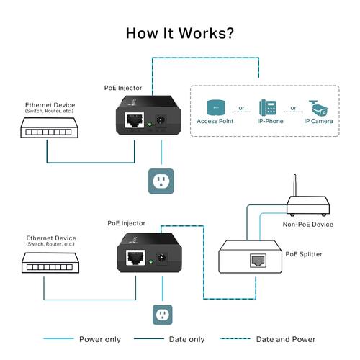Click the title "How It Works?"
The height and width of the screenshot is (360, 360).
pyautogui.click(x=179, y=33)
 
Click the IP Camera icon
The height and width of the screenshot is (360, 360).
pyautogui.click(x=318, y=107)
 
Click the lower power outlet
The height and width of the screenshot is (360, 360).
pyautogui.click(x=162, y=314)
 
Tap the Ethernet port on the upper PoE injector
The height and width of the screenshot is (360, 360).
pyautogui.click(x=134, y=122)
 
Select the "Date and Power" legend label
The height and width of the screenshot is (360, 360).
pyautogui.click(x=287, y=339)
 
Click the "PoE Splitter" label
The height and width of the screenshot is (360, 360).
pyautogui.click(x=305, y=253)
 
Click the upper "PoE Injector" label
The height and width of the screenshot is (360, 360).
pyautogui.click(x=123, y=88)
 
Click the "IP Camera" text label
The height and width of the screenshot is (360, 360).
pyautogui.click(x=318, y=122)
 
